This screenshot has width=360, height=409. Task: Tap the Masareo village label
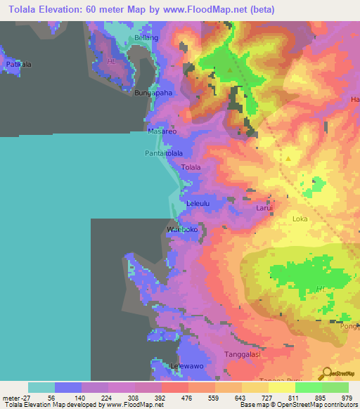(160, 131)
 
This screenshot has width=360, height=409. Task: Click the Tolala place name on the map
(191, 167)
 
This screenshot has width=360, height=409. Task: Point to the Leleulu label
(198, 204)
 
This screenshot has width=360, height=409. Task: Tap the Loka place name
(300, 219)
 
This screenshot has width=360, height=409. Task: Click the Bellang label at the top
(146, 37)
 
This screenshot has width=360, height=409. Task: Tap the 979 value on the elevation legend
(347, 396)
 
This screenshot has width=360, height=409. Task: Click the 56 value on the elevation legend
(55, 396)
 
